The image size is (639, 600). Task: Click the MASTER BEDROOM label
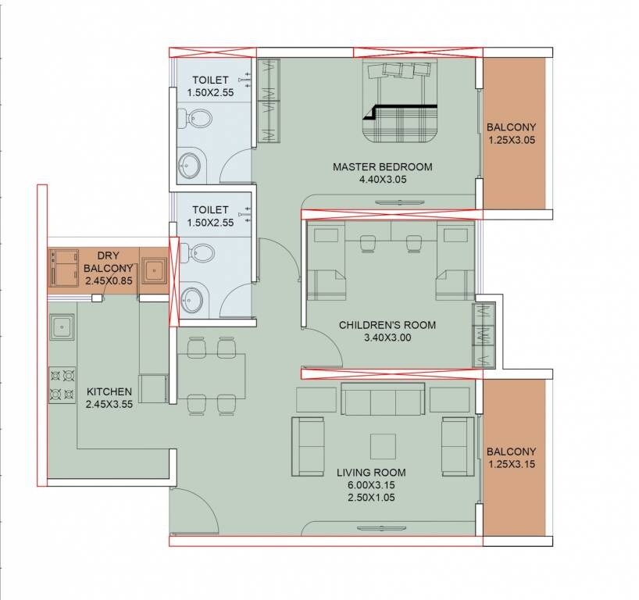click(x=382, y=166)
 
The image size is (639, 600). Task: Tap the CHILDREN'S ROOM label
click(x=387, y=325)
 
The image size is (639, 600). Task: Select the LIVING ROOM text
click(x=371, y=473)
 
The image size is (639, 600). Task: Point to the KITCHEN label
click(x=109, y=391)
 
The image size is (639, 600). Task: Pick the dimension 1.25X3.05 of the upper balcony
click(x=512, y=140)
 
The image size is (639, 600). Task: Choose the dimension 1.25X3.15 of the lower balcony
click(x=512, y=464)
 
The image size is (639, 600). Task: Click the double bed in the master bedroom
click(x=398, y=105)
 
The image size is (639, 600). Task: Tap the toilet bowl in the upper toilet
click(x=198, y=120)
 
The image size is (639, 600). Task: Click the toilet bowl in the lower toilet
click(x=198, y=252)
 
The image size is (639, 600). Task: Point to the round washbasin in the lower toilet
click(x=190, y=298)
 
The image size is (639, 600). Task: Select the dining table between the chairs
click(x=211, y=375)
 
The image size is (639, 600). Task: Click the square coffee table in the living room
click(x=383, y=446)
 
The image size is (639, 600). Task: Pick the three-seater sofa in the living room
click(x=383, y=400)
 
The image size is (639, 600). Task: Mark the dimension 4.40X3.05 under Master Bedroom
click(x=382, y=179)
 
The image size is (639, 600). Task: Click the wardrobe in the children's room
click(x=484, y=334)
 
